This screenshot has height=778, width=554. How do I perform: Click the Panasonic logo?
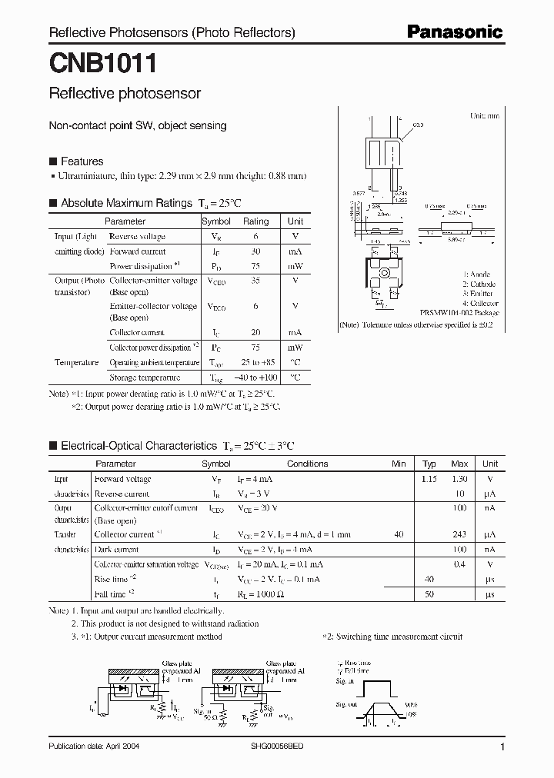[454, 32]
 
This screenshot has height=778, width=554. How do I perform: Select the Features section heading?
[82, 161]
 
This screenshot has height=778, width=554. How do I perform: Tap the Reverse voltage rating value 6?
[255, 237]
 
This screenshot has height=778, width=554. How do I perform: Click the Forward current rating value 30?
[255, 251]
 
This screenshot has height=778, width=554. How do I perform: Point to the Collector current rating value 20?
[255, 333]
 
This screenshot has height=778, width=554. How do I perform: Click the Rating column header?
[255, 221]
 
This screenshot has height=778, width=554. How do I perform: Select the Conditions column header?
[307, 464]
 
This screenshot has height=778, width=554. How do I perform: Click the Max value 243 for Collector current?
[459, 534]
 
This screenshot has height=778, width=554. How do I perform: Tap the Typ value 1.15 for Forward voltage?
[429, 479]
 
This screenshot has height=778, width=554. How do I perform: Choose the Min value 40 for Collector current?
[399, 534]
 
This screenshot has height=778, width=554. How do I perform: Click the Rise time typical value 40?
[429, 580]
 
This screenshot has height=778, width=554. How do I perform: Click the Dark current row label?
[116, 550]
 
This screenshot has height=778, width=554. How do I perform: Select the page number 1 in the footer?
[502, 747]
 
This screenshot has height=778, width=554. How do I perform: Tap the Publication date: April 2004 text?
[94, 747]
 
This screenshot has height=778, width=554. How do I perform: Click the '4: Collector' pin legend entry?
[480, 304]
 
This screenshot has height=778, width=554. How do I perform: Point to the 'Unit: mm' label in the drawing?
[484, 115]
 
